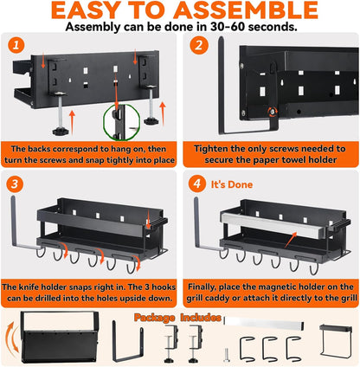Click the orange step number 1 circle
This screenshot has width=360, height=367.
(16, 45)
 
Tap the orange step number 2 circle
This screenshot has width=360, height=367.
(199, 45)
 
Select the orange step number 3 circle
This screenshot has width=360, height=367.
(15, 183)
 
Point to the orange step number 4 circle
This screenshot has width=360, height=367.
(197, 183)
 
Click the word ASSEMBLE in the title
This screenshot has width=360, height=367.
(246, 10)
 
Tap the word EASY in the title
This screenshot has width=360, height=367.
(87, 10)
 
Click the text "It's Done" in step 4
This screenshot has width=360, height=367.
(232, 184)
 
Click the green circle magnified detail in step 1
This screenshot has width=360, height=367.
(121, 122)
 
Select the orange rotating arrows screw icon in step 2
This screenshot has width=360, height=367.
(273, 111)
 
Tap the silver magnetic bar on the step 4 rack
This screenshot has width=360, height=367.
(273, 224)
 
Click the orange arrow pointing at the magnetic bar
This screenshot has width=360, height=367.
(291, 240)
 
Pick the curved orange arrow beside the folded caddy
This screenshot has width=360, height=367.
(11, 340)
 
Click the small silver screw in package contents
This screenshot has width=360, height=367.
(227, 355)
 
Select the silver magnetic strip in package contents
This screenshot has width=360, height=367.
(264, 323)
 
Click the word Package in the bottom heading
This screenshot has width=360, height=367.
(154, 318)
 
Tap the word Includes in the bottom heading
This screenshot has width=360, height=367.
(201, 318)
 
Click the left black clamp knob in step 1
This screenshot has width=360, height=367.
(61, 131)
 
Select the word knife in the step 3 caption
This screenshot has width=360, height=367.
(29, 287)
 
